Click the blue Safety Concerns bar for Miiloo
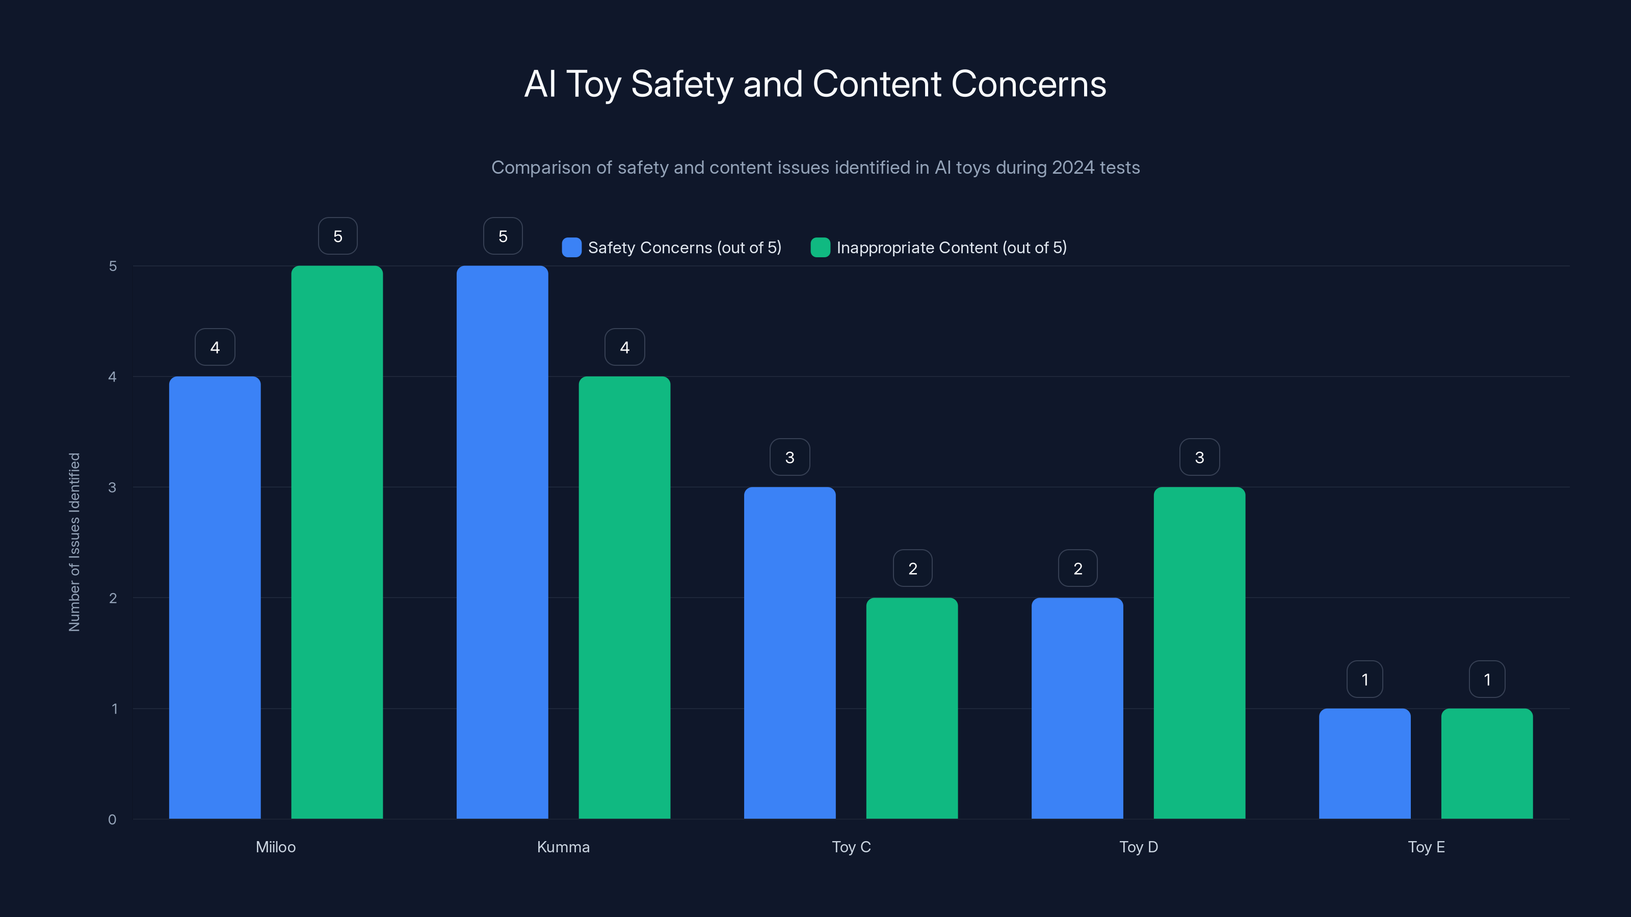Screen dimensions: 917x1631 (x=215, y=598)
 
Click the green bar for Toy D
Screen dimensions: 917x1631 (x=1199, y=653)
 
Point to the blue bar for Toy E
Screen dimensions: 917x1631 (x=1364, y=763)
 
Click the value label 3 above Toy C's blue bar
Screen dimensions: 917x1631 (x=790, y=457)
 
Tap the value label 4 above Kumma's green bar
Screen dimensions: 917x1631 (x=624, y=347)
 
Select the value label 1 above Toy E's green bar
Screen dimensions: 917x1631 (x=1487, y=679)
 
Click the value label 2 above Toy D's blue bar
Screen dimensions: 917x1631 (x=1077, y=569)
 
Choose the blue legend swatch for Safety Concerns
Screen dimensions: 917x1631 (x=571, y=248)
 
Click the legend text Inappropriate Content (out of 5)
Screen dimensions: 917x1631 (x=951, y=248)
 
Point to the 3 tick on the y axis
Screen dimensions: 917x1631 (x=113, y=488)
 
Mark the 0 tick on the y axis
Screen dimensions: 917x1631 (x=113, y=820)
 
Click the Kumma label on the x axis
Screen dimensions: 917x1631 (x=563, y=847)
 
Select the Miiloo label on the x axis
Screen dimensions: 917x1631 (x=275, y=847)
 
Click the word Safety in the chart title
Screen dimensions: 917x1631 (x=681, y=84)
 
